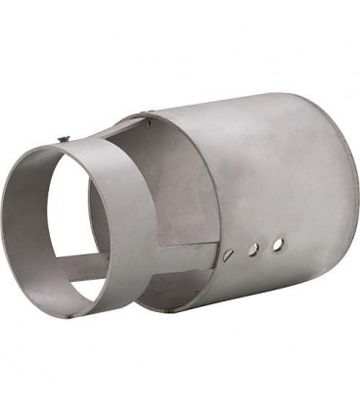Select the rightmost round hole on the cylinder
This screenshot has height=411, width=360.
click(x=278, y=242)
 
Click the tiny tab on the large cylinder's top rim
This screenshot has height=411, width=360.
click(x=149, y=120)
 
